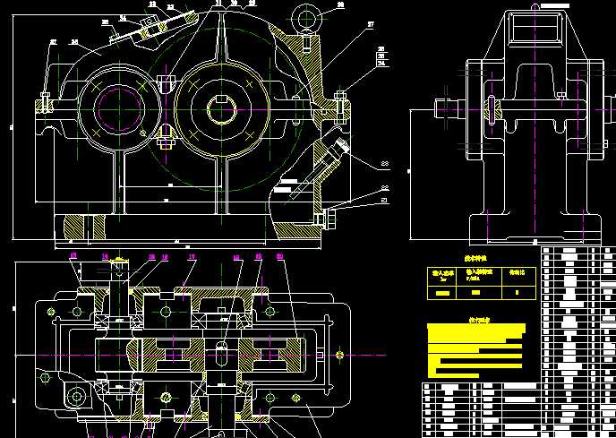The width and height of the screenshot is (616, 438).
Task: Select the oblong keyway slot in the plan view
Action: tap(218, 353)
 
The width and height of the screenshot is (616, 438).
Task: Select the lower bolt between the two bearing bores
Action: tap(165, 133)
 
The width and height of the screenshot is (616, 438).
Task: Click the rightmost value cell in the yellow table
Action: tap(518, 291)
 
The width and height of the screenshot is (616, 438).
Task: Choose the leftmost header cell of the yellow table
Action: tap(443, 275)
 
